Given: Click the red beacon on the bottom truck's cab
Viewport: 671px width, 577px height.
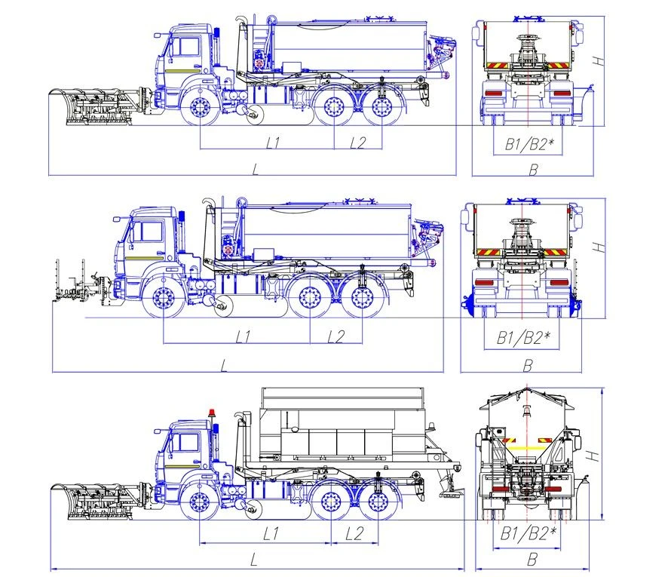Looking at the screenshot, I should pyautogui.click(x=212, y=413).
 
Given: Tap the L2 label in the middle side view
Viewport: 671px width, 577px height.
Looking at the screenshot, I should pyautogui.click(x=335, y=336).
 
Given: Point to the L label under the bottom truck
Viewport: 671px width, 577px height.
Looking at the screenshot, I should pyautogui.click(x=254, y=559).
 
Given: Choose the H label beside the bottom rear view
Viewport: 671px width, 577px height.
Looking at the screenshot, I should pyautogui.click(x=595, y=455).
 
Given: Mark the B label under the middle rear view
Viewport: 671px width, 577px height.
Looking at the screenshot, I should pyautogui.click(x=528, y=366).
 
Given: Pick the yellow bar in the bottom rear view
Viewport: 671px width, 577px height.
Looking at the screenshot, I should pyautogui.click(x=528, y=446).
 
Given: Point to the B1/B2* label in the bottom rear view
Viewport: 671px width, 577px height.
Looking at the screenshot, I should pyautogui.click(x=528, y=534).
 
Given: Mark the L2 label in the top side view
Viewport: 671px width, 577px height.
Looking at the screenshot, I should pyautogui.click(x=358, y=142).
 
